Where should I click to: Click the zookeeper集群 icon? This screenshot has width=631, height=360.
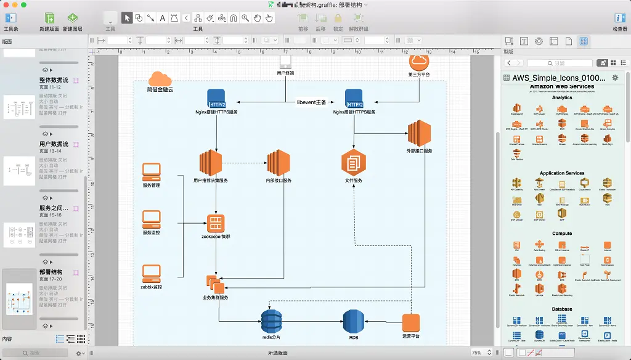coord(216,223)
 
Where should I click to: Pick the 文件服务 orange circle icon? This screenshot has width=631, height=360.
coord(354,163)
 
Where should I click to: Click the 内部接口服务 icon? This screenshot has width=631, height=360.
coord(279,163)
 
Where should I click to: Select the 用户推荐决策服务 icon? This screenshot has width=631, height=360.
coord(210,163)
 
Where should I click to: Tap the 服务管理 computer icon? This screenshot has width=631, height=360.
coord(152,171)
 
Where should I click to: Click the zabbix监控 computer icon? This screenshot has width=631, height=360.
coord(152,273)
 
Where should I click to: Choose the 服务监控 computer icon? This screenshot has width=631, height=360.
coord(152,219)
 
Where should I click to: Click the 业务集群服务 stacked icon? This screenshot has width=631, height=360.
coord(215,284)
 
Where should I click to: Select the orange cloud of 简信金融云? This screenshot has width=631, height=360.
coord(160,79)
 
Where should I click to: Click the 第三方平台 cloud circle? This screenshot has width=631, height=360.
coord(419,62)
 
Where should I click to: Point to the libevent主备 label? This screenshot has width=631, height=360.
coord(311,102)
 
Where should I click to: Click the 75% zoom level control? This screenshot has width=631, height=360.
coord(480,353)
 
